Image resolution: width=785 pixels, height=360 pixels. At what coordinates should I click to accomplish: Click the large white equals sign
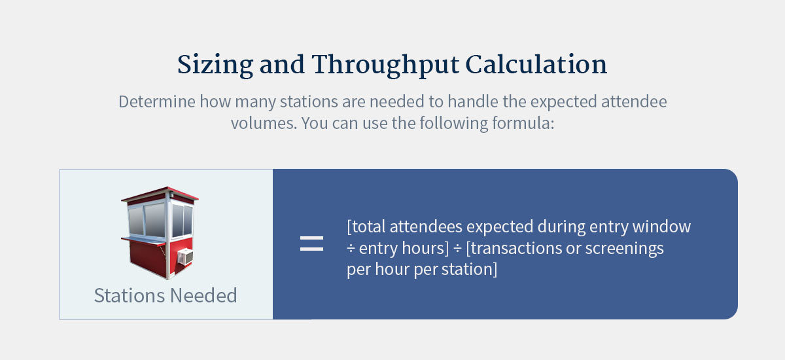pyautogui.click(x=311, y=244)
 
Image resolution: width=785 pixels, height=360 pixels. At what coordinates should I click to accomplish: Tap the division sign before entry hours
pyautogui.click(x=351, y=249)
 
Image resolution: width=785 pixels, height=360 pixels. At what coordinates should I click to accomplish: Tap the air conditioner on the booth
pyautogui.click(x=185, y=257)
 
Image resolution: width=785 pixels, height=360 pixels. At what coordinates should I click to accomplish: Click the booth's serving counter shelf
pyautogui.click(x=141, y=242)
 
